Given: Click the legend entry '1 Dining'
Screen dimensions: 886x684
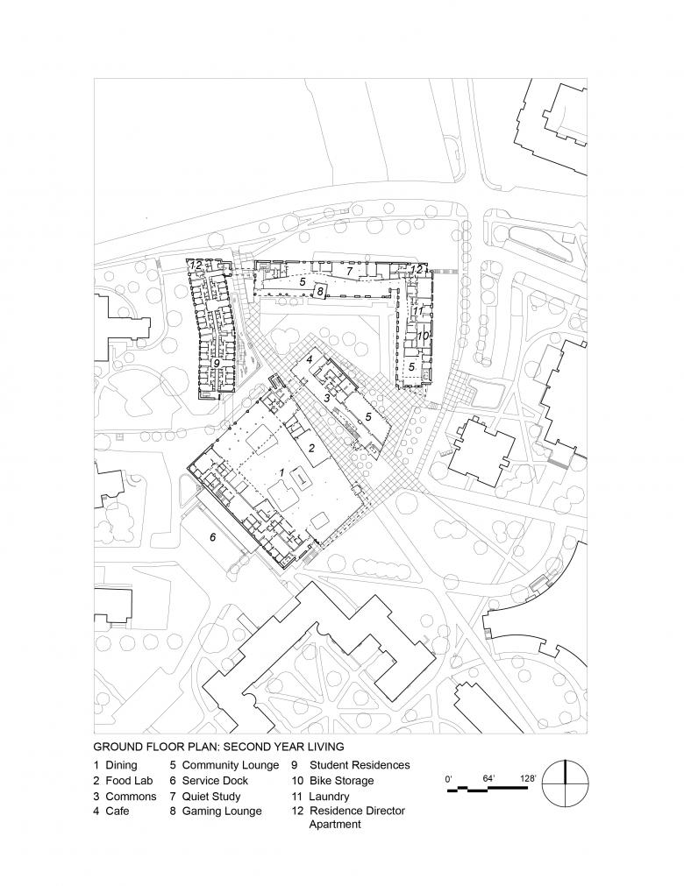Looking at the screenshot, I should point(115,765).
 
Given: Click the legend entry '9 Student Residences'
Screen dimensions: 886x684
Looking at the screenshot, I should point(351,765).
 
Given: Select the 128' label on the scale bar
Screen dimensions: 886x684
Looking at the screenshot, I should point(528,777).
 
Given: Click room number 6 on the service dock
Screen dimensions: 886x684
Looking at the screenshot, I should point(211,535).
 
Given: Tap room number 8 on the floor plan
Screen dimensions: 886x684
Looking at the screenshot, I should point(321,291).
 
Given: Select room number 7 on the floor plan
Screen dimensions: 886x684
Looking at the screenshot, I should point(348,272).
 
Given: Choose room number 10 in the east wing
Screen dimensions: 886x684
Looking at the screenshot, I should point(422,336).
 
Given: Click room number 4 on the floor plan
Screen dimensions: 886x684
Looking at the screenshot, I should point(310,359).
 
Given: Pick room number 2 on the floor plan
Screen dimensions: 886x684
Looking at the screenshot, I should point(310,447).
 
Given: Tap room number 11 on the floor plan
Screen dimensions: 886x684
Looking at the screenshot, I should point(418,310).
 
